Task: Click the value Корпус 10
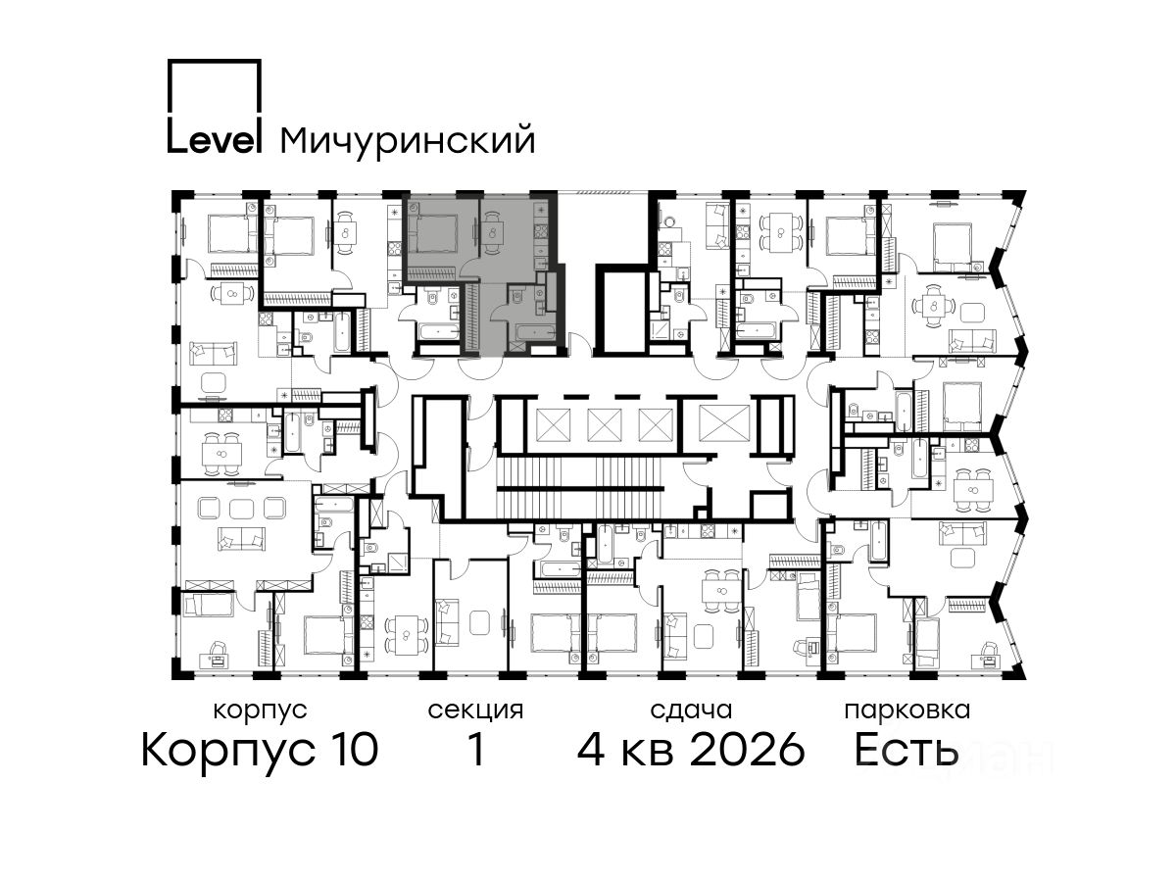(x=260, y=751)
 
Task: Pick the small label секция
(x=475, y=710)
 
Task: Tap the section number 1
(x=476, y=750)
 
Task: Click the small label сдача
(x=691, y=710)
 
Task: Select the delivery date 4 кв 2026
(x=691, y=750)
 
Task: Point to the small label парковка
(x=907, y=710)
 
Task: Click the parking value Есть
(x=906, y=751)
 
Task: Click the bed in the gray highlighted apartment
(x=433, y=233)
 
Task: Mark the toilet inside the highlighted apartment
(x=516, y=295)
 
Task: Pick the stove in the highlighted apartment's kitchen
(x=541, y=231)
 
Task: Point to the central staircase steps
(x=581, y=488)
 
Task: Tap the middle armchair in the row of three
(x=242, y=507)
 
